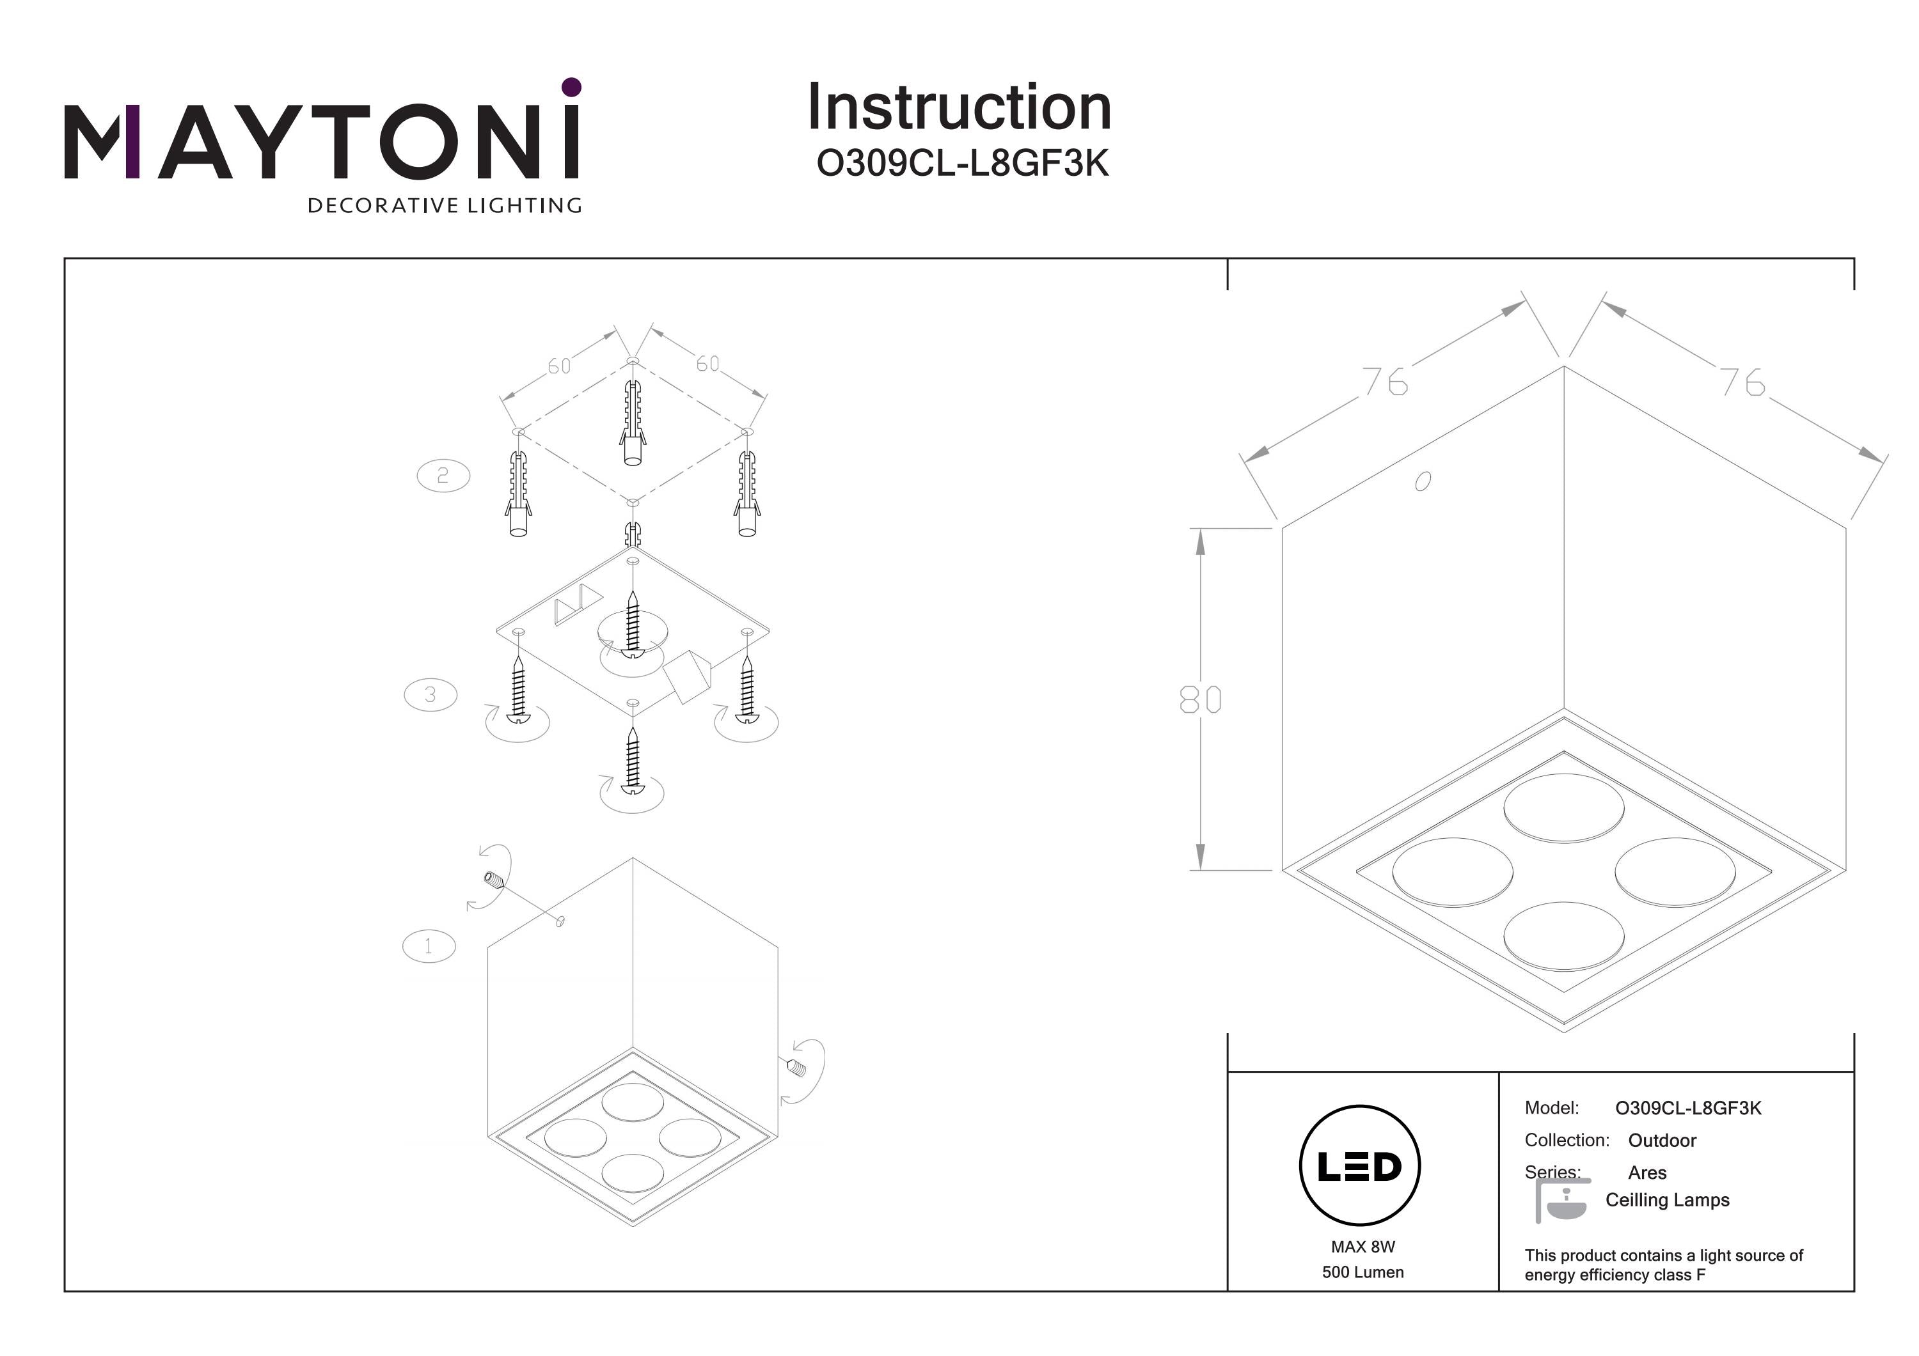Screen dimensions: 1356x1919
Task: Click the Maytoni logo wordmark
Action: point(322,142)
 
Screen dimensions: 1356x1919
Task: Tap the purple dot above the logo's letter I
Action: point(572,87)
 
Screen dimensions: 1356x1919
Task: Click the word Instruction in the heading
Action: point(959,108)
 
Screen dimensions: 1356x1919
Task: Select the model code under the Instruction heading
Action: point(962,164)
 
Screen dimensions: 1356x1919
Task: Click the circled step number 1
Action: point(429,947)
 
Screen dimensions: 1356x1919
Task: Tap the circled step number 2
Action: point(443,476)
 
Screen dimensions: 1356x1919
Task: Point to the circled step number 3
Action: point(430,694)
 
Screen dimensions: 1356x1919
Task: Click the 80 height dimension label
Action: point(1200,700)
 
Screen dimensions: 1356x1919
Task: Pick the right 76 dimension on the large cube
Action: point(1742,383)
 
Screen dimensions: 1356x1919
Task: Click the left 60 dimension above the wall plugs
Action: point(559,366)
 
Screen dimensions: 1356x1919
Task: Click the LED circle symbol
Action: point(1360,1165)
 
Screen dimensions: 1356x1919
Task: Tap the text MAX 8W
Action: point(1362,1247)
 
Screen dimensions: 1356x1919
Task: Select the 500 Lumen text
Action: point(1362,1272)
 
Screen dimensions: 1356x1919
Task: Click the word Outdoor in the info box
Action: point(1662,1141)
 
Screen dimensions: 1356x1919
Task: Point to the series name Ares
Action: point(1647,1173)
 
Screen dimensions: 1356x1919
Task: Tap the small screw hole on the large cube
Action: point(1423,481)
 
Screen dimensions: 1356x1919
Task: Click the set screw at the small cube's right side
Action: point(795,1067)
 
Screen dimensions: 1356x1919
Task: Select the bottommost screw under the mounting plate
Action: point(633,760)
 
